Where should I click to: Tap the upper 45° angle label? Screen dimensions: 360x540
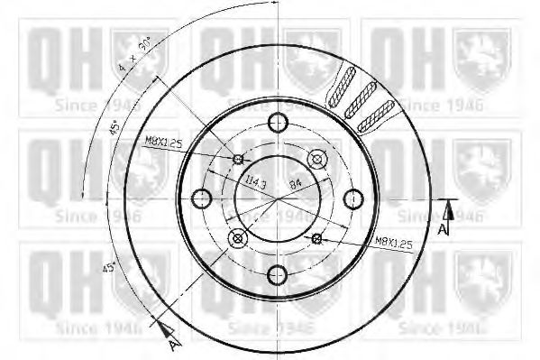114,128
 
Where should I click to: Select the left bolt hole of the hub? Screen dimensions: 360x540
201,198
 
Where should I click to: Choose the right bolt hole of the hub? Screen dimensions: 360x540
354,198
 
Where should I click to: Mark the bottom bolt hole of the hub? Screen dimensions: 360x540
278,274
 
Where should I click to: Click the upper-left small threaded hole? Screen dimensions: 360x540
238,160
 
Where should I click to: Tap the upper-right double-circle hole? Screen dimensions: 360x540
316,160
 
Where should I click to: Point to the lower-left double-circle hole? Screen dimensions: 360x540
238,238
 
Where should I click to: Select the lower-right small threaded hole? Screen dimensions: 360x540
316,238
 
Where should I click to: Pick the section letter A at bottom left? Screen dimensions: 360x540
172,343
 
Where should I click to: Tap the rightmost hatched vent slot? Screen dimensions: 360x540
376,115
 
